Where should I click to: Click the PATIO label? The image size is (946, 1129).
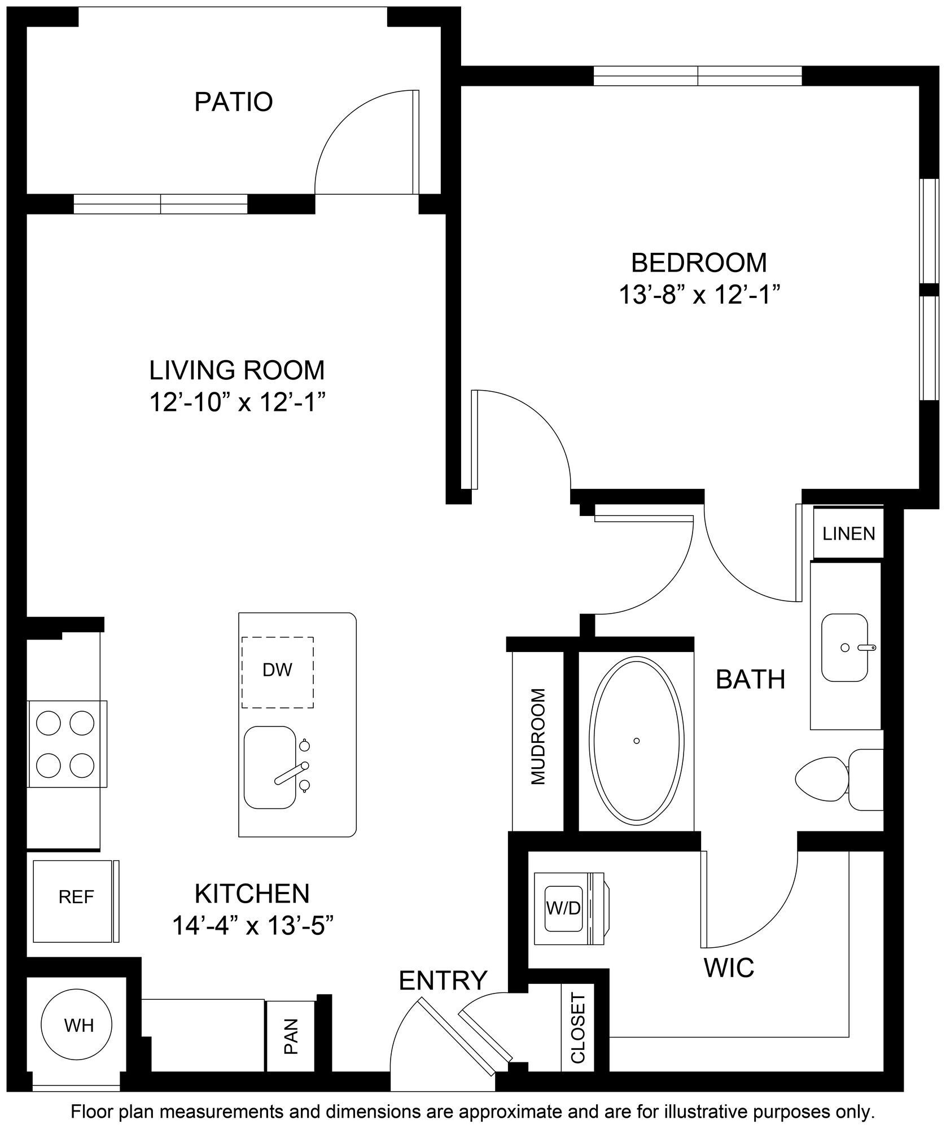click(234, 102)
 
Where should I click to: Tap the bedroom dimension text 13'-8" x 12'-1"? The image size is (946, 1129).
click(699, 295)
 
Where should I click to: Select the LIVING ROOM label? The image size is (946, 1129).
click(237, 370)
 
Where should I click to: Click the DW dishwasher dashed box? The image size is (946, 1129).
click(278, 672)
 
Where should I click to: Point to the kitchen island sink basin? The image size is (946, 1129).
click(270, 767)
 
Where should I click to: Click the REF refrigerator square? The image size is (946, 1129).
click(76, 897)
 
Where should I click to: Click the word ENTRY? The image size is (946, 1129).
click(443, 981)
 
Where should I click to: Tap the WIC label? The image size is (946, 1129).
click(729, 968)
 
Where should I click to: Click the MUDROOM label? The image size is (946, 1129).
click(538, 737)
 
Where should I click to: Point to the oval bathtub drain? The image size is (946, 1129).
click(636, 741)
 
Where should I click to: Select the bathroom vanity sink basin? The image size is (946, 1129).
click(844, 647)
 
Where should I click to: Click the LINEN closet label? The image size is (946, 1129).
click(848, 533)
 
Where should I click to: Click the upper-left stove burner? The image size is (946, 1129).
click(48, 721)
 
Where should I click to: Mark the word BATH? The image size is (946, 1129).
click(750, 680)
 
